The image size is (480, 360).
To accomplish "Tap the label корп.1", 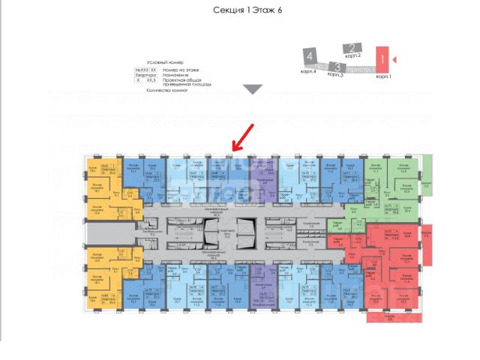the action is tap(382, 76).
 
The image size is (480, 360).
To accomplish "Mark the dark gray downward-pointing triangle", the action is tap(253, 89).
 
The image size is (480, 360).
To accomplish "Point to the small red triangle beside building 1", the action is tap(396, 58).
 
